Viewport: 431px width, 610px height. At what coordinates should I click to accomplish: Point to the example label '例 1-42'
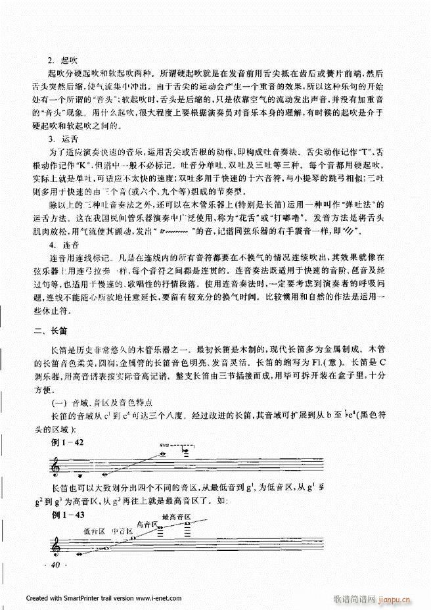click(66, 444)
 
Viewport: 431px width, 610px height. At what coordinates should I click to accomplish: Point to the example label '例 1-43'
click(66, 514)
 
